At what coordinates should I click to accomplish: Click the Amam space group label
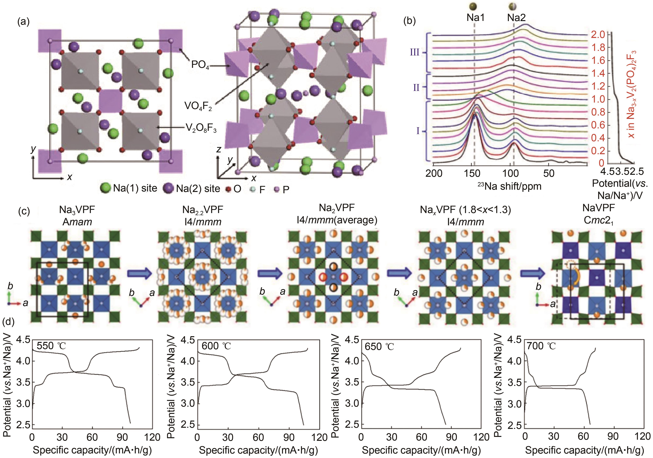[x=77, y=221]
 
